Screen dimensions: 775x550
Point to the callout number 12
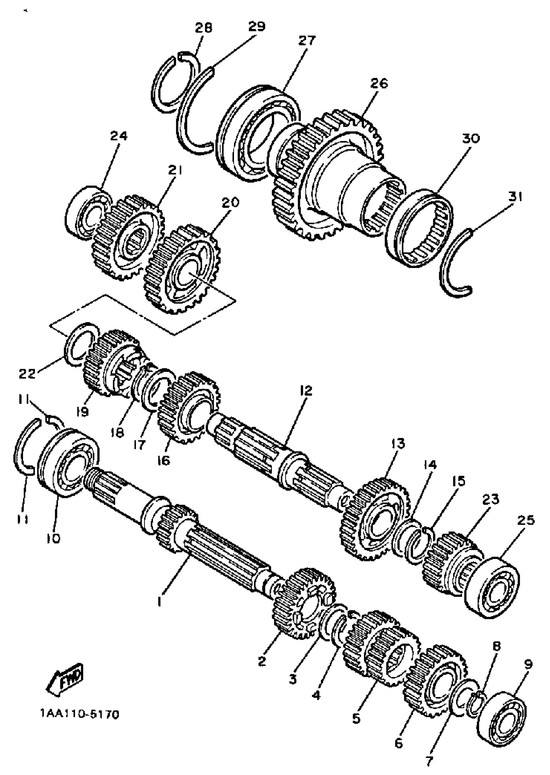[306, 391]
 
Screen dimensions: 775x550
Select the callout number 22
[27, 374]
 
